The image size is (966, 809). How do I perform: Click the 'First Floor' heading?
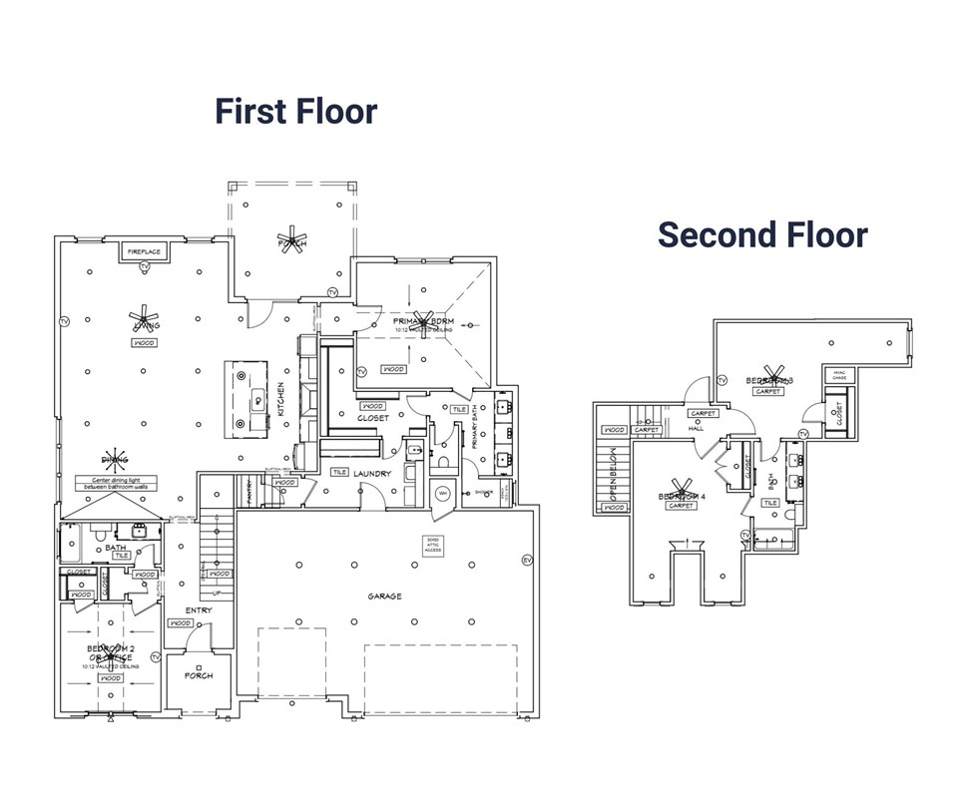[x=296, y=111]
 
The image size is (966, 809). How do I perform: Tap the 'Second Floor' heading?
[x=762, y=234]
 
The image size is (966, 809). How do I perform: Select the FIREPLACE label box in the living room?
[x=144, y=252]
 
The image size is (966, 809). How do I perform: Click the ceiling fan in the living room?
[x=145, y=319]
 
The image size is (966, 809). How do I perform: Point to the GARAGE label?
[x=384, y=597]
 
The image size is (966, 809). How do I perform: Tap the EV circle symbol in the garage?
[x=528, y=561]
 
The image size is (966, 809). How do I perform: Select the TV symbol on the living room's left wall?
[x=64, y=321]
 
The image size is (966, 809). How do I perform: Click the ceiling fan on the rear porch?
[x=292, y=242]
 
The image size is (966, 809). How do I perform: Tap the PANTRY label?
[x=249, y=488]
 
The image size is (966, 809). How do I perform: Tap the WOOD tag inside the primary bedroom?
[x=393, y=369]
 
